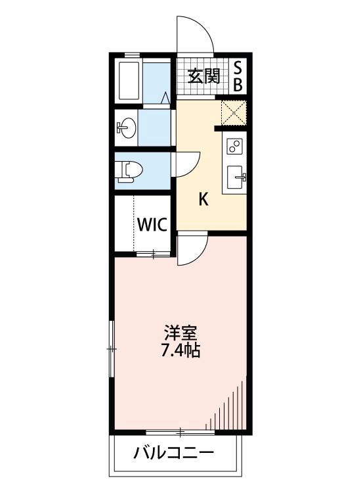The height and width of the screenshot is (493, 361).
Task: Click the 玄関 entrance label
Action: click(204, 76)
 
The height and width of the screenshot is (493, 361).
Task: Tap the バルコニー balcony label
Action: click(174, 454)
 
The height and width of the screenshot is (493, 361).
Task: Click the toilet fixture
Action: click(127, 171)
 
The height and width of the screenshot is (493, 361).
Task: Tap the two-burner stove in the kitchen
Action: click(234, 147)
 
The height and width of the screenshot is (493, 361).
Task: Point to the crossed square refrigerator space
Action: click(233, 111)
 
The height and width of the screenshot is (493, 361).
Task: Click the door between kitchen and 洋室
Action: click(193, 250)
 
